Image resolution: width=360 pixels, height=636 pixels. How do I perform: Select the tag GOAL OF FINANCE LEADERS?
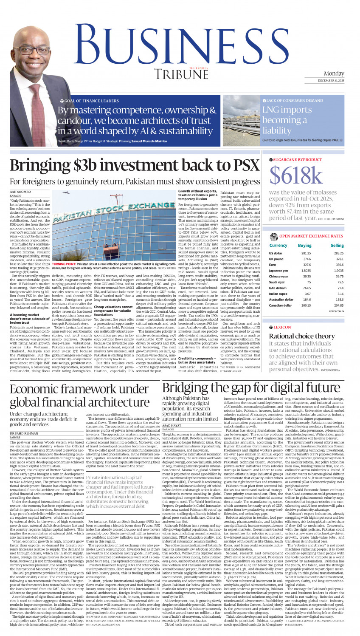click(x=92, y=101)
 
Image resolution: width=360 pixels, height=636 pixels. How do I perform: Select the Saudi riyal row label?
click(x=276, y=282)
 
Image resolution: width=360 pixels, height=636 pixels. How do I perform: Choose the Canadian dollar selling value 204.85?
click(x=338, y=305)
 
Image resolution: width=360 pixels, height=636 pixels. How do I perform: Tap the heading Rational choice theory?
click(x=302, y=336)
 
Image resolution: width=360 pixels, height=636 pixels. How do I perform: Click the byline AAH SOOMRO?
click(x=20, y=192)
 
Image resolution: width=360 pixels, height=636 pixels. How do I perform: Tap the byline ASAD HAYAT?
click(x=172, y=426)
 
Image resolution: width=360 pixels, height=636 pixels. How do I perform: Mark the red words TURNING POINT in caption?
click(x=64, y=264)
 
